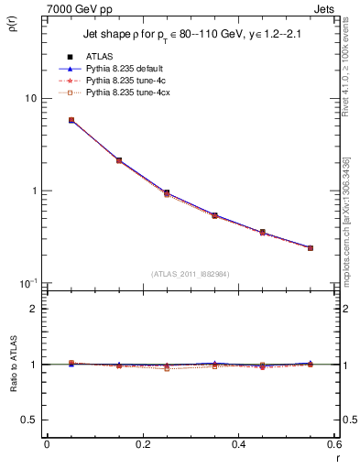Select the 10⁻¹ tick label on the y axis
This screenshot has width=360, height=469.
27,282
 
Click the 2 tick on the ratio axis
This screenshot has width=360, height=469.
33,309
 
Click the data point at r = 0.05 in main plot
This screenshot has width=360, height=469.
71,120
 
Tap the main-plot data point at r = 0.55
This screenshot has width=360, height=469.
311,247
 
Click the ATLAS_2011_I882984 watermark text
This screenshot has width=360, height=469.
190,274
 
